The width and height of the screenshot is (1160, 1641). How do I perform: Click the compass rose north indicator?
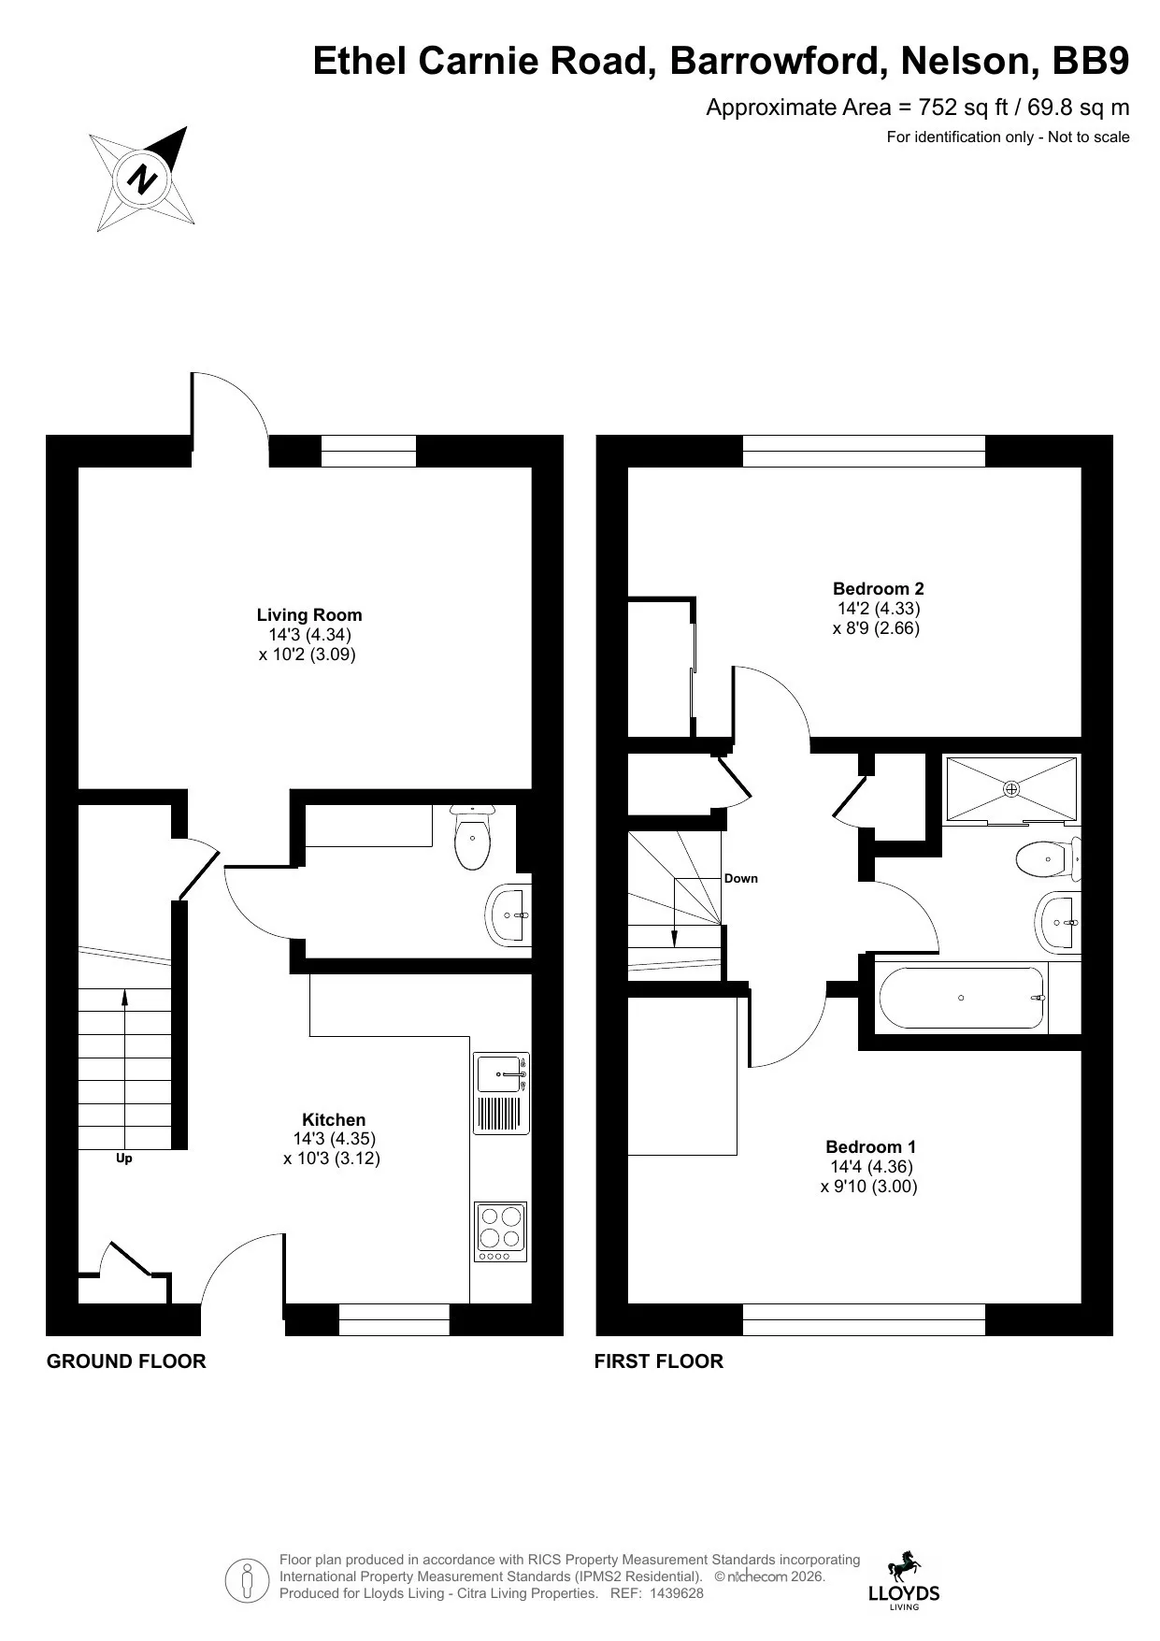(x=142, y=179)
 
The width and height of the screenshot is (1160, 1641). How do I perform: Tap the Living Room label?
(x=309, y=614)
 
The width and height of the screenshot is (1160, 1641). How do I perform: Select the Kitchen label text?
(x=334, y=1119)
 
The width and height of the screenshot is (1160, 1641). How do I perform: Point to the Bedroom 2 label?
(x=879, y=588)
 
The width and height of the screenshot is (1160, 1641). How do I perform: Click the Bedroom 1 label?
(x=871, y=1146)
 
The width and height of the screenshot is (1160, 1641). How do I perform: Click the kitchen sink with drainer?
(x=502, y=1094)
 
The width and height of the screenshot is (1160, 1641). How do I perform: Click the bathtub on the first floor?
(x=962, y=998)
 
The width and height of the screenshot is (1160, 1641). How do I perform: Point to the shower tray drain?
(x=1011, y=789)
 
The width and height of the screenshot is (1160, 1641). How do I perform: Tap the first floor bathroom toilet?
(x=1048, y=858)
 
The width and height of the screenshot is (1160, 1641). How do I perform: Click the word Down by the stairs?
(x=741, y=879)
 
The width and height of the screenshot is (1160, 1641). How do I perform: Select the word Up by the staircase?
(x=124, y=1159)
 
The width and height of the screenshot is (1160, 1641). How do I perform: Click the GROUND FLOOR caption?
(x=126, y=1361)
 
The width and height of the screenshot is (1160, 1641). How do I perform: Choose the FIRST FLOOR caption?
(x=659, y=1361)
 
